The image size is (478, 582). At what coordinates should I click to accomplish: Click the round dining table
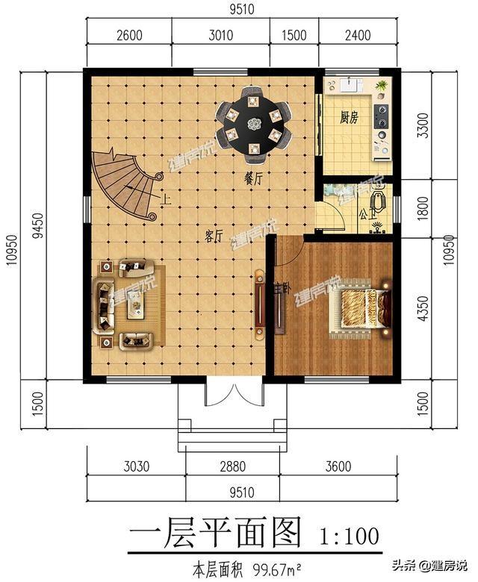click(254, 125)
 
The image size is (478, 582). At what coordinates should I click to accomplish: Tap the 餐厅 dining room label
click(253, 179)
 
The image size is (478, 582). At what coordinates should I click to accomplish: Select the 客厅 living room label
click(214, 237)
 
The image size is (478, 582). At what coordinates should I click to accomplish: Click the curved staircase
click(125, 183)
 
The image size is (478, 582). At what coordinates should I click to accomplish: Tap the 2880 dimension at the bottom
click(233, 467)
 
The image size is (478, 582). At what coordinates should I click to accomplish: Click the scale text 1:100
click(349, 535)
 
